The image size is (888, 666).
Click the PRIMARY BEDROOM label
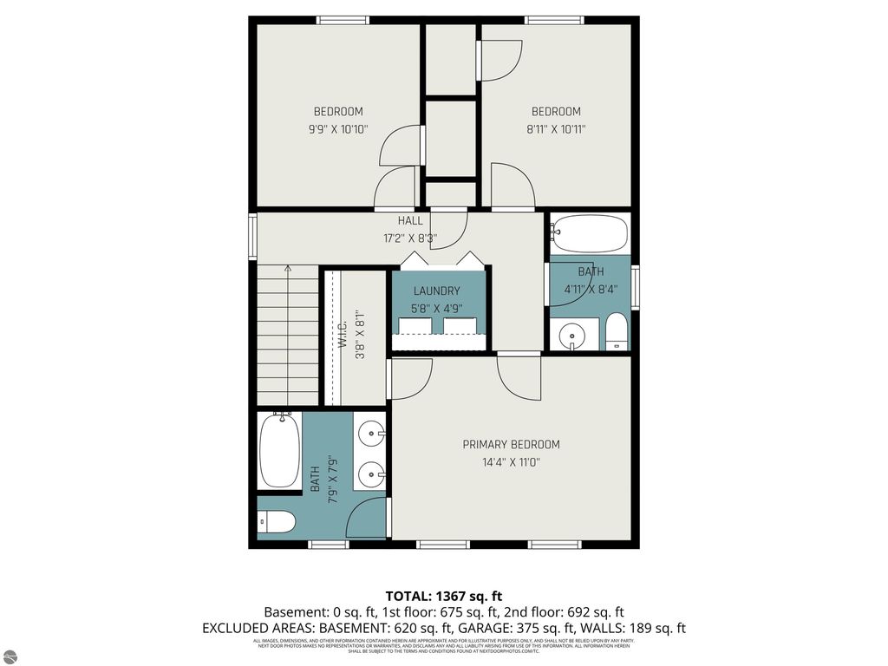(511, 444)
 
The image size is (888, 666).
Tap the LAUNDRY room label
(436, 291)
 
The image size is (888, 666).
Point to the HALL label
(410, 221)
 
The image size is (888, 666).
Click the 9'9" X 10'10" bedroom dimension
(338, 129)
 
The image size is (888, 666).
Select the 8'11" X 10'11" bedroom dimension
(556, 129)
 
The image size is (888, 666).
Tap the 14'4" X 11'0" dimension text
(511, 462)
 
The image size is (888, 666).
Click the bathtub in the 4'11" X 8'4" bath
(591, 233)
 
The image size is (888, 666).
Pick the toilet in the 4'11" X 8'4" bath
(616, 331)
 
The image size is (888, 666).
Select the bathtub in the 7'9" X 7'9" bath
(279, 450)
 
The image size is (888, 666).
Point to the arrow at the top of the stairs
(288, 269)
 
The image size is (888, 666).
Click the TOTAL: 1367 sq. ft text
(443, 596)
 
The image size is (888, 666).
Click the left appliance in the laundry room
(415, 325)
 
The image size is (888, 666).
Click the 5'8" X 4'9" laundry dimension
(436, 307)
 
